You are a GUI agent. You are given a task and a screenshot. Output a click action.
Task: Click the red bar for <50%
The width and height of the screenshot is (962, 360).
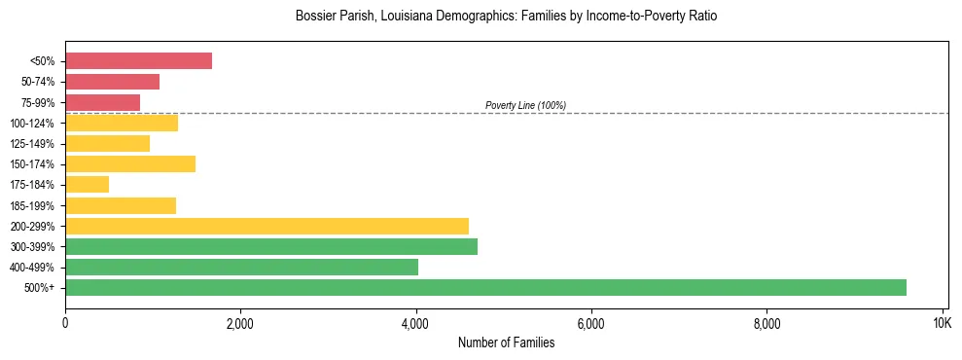click(138, 61)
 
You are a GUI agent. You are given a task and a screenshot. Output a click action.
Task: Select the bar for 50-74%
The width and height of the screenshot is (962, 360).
click(112, 82)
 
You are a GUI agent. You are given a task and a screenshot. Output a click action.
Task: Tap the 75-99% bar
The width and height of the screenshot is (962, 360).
click(102, 102)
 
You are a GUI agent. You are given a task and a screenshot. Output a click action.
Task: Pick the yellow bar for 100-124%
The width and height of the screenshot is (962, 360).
click(122, 123)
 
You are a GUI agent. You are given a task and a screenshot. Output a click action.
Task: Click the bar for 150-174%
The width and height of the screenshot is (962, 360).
click(130, 164)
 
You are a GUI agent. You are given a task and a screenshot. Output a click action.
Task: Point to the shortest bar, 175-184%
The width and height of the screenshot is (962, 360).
click(87, 185)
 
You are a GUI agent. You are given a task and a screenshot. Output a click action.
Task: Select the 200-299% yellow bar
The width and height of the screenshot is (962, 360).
click(267, 226)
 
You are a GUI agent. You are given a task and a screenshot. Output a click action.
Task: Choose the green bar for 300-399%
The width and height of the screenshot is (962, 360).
click(271, 247)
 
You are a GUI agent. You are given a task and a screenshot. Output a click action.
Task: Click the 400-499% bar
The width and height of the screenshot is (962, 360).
click(241, 268)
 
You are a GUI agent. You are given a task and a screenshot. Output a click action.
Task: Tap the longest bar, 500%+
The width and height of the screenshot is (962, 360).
click(485, 288)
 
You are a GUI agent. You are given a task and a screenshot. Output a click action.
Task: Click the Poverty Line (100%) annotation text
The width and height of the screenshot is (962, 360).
click(525, 105)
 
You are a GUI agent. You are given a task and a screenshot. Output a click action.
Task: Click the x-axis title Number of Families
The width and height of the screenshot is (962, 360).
click(506, 342)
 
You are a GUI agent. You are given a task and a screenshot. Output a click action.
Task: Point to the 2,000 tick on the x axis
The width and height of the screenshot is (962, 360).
click(240, 323)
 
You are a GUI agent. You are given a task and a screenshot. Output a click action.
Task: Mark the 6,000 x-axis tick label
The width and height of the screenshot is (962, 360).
click(590, 323)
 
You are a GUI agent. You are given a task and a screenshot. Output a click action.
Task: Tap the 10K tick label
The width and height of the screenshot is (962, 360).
click(942, 323)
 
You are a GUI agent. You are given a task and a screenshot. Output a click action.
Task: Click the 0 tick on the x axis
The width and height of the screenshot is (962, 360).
click(65, 323)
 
